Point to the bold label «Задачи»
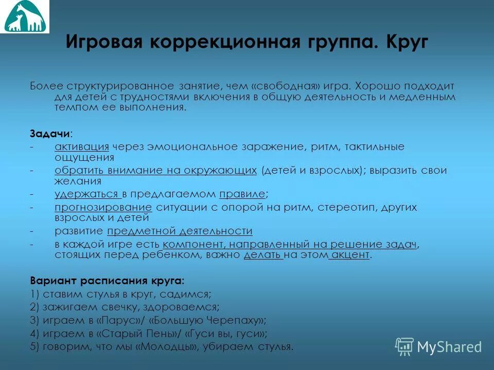coord(49,133)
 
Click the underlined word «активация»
coord(82,147)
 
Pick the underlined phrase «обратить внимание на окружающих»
coord(155,171)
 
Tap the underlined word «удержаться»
coord(87,194)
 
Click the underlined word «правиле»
coord(242,194)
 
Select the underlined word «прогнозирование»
coord(103,207)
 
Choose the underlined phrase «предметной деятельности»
coord(180,231)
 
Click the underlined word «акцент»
coord(350,255)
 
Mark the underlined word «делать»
coord(263,255)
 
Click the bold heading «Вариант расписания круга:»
coord(107,281)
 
